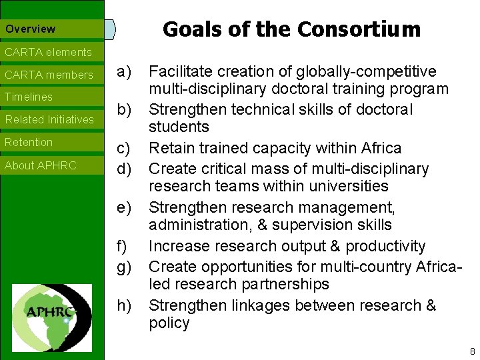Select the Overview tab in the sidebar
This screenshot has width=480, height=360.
(31, 29)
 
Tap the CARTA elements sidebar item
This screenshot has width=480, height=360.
(48, 52)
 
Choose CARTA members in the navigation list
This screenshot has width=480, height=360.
(49, 75)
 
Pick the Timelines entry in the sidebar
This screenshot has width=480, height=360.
(29, 97)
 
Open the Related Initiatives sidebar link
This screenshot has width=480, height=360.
(49, 120)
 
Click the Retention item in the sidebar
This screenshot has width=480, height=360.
(29, 143)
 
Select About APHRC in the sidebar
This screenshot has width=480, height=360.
(41, 165)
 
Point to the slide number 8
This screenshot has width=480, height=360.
(472, 351)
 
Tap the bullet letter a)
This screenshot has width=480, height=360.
(124, 71)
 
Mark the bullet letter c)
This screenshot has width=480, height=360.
(124, 148)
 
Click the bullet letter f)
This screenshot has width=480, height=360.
(123, 246)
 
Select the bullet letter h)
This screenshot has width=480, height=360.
(124, 305)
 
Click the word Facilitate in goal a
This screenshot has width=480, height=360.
(178, 71)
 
